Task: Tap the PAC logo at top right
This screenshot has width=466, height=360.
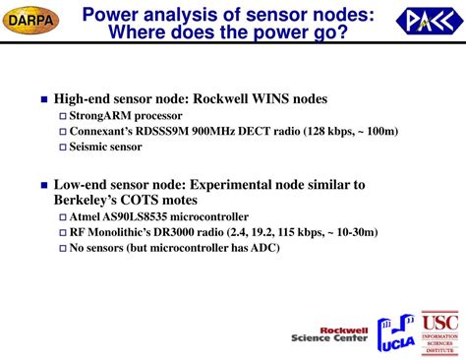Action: [426, 21]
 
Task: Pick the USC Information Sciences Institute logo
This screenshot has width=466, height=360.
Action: [439, 333]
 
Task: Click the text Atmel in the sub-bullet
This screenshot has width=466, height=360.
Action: [86, 216]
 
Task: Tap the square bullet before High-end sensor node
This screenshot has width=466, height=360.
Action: [43, 100]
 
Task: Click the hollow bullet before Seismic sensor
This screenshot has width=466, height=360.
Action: [62, 148]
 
